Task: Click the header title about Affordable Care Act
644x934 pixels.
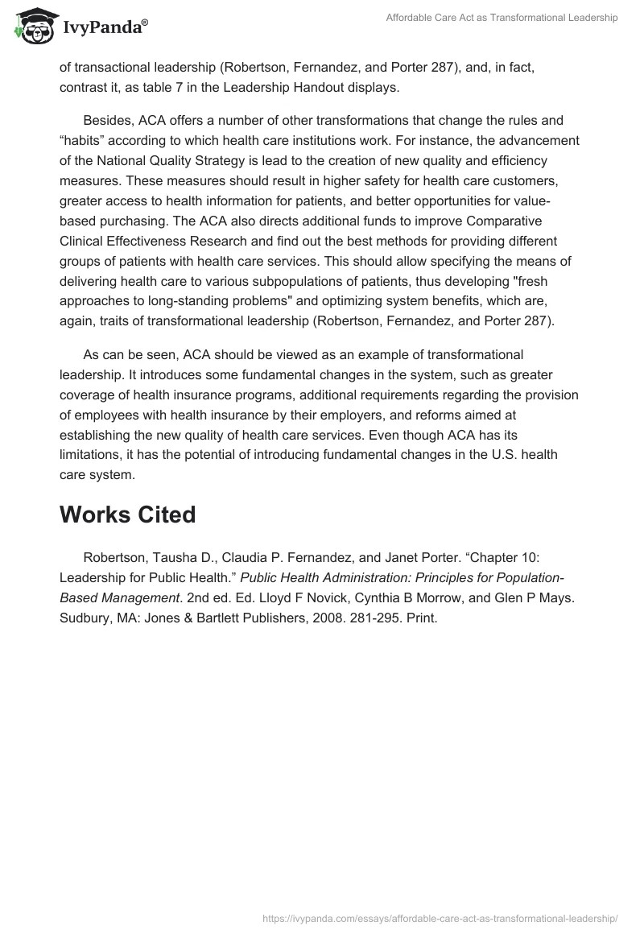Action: pyautogui.click(x=501, y=18)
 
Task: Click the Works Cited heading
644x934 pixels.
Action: pyautogui.click(x=127, y=515)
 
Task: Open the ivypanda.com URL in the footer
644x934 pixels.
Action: pyautogui.click(x=440, y=917)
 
